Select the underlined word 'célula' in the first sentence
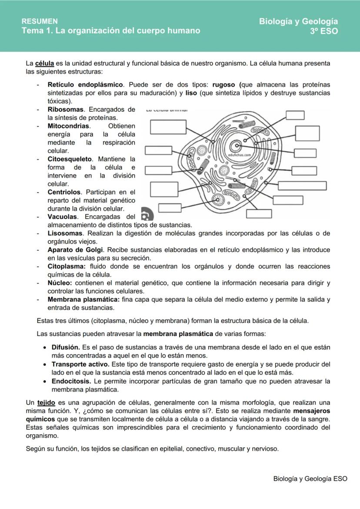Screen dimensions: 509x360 coord(44,63)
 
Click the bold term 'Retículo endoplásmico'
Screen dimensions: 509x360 coord(86,84)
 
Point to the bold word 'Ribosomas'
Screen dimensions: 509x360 coord(65,110)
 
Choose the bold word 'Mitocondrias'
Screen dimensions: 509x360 coord(68,126)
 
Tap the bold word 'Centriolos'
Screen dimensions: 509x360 coord(64,192)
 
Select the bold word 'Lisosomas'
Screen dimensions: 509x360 coord(65,233)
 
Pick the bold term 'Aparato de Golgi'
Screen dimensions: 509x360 coord(75,250)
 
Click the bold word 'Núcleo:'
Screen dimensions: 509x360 coord(60,283)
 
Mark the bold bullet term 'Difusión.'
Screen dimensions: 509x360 coord(66,347)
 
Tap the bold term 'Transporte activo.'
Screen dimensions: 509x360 coord(80,364)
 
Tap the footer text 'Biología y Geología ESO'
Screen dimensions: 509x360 coord(310,479)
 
